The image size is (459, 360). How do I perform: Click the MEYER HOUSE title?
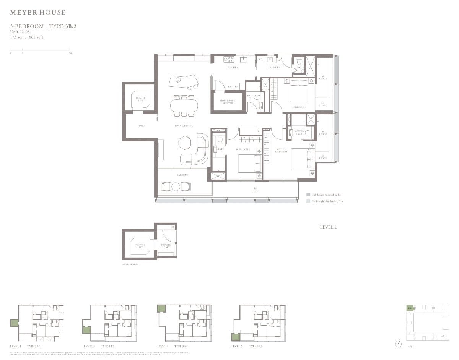point(37,13)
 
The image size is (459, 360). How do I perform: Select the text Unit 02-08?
point(20,32)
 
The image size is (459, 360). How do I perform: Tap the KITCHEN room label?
point(233,68)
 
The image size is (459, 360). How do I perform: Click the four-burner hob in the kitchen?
point(229,59)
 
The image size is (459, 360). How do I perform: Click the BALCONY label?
point(182,175)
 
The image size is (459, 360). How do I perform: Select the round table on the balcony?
point(176,187)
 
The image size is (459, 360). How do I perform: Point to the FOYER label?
point(141,126)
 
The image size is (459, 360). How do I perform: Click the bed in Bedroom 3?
point(299,91)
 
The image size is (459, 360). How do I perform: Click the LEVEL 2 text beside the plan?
point(328,227)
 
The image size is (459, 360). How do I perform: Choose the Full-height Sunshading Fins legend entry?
point(324,195)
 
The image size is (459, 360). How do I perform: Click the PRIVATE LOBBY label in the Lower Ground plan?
point(166,246)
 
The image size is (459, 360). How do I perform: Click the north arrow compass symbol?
point(399,343)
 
